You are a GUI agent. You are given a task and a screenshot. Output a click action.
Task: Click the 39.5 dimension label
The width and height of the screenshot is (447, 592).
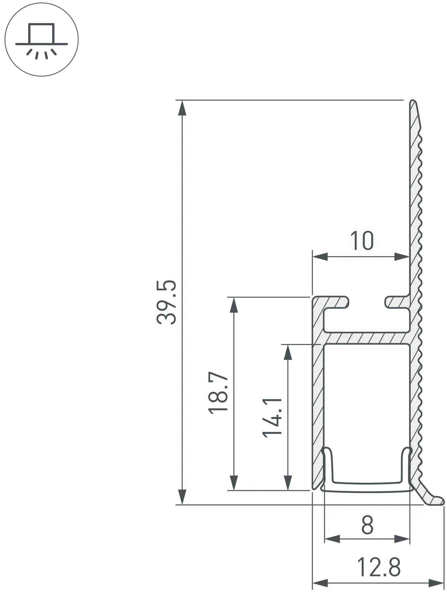click(166, 302)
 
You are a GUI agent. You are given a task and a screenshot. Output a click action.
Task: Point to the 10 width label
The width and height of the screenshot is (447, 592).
click(362, 240)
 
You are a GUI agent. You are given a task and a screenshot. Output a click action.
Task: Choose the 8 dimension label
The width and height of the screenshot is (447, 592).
click(367, 525)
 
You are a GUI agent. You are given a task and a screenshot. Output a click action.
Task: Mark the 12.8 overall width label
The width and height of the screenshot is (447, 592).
click(379, 567)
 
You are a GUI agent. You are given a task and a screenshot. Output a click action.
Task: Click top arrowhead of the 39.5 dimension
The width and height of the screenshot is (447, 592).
click(183, 108)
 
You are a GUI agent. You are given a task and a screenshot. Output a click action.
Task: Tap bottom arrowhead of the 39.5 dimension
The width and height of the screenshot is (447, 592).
click(183, 497)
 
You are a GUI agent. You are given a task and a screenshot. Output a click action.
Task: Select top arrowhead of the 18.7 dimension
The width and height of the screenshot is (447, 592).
click(234, 305)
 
